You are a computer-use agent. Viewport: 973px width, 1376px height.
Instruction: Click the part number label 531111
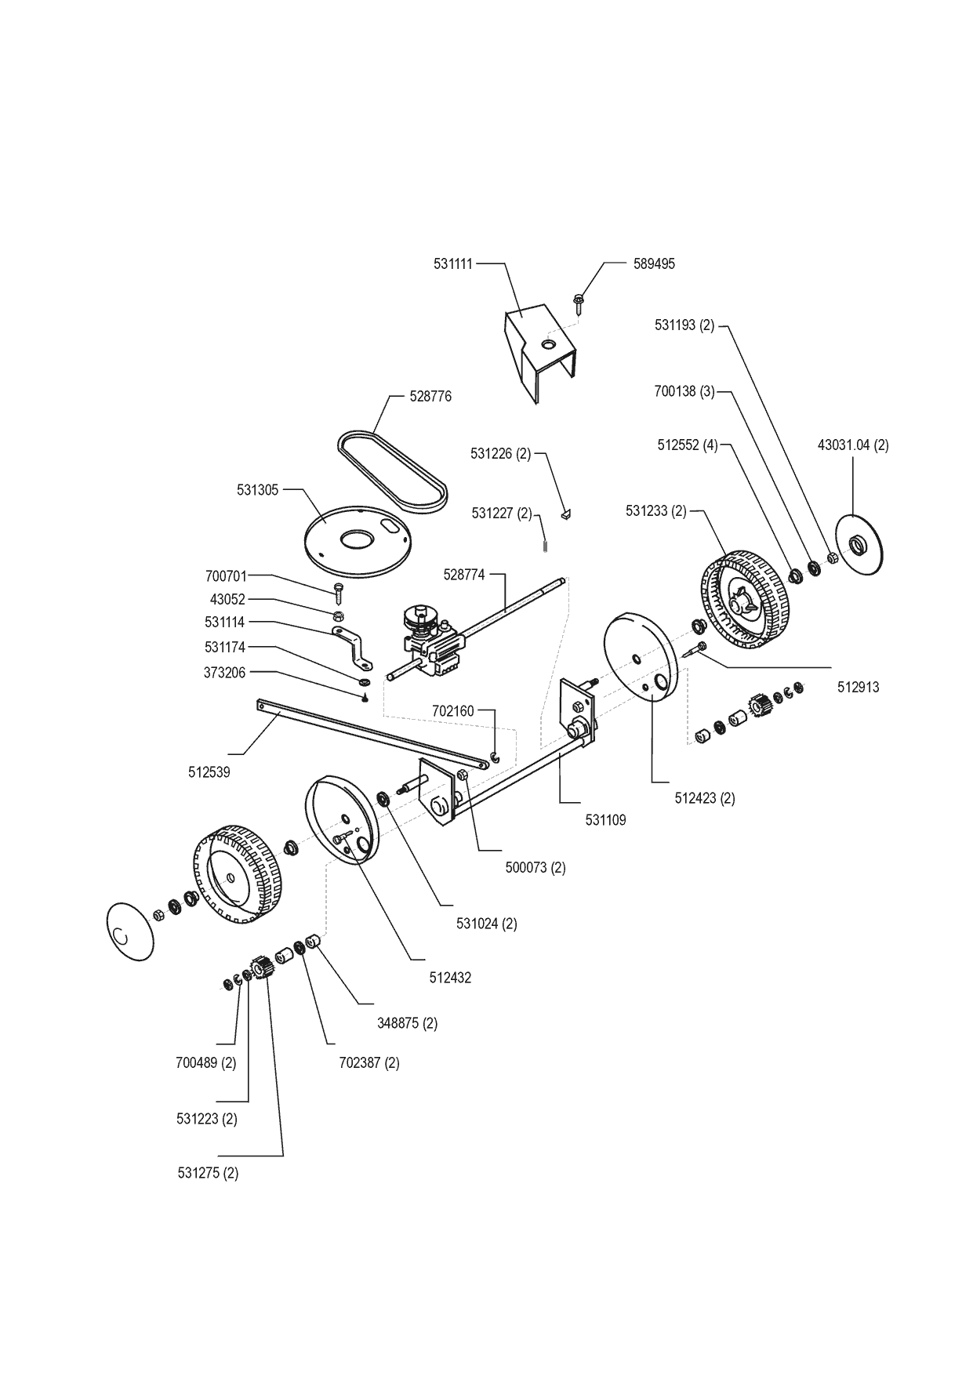point(453,264)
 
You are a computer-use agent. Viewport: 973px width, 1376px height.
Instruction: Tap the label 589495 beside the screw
point(653,264)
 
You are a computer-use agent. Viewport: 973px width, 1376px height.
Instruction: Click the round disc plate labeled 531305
point(357,540)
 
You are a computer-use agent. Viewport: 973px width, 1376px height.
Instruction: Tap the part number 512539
point(209,772)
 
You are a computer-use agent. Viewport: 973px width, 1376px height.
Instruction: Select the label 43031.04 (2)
point(853,445)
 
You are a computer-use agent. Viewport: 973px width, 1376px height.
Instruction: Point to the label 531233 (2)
point(655,511)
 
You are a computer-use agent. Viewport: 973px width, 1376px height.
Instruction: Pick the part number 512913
point(859,688)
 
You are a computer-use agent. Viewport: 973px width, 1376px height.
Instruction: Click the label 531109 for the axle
point(606,821)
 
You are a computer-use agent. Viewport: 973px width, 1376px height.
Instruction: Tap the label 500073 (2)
point(536,868)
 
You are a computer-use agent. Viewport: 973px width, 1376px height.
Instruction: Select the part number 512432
point(450,978)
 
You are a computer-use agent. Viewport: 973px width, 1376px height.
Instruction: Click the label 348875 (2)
point(406,1023)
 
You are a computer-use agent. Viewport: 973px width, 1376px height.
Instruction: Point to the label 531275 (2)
point(208,1174)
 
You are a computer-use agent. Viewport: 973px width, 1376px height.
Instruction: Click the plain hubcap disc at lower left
point(129,929)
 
